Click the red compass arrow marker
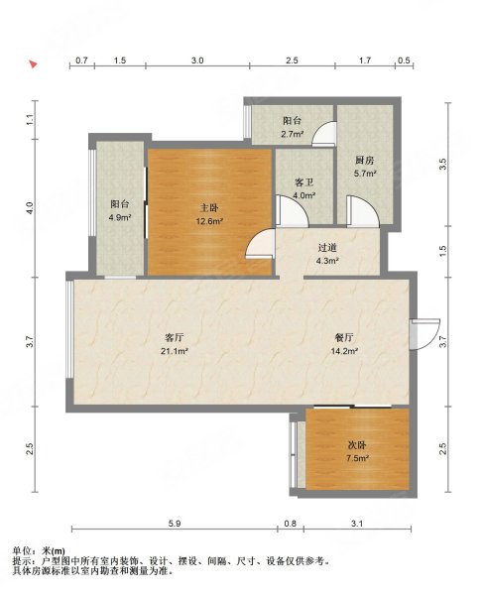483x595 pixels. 34,64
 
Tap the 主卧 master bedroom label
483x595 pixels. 209,208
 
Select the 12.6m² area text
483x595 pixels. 209,221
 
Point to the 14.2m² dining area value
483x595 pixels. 344,351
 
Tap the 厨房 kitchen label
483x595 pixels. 365,161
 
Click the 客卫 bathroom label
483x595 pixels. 304,182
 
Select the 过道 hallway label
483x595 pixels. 327,248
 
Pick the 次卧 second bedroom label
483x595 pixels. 357,445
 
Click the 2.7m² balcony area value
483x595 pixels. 293,134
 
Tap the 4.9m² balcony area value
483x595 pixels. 120,217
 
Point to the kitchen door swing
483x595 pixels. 363,211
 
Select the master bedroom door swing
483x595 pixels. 260,244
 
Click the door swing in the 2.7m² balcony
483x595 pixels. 324,134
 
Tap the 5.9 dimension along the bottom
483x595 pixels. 175,524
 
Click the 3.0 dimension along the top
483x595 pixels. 197,60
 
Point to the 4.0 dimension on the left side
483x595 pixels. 31,207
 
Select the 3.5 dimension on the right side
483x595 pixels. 442,164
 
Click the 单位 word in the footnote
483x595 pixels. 21,550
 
